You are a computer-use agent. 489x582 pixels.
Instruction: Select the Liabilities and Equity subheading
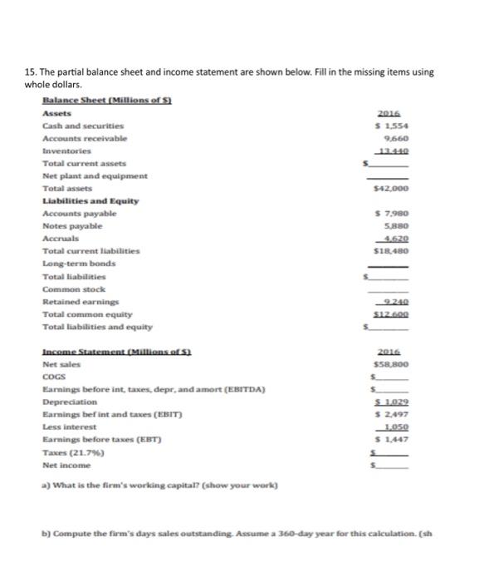point(90,201)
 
